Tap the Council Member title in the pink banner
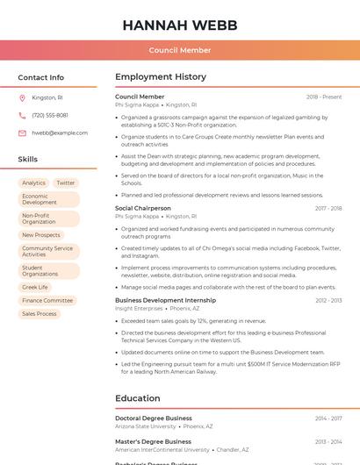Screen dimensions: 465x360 (179, 50)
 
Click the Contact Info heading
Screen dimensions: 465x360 (41, 77)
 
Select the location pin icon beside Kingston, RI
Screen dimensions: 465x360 (22, 97)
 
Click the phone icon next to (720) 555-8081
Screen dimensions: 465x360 (22, 115)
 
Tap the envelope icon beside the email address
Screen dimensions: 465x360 (22, 132)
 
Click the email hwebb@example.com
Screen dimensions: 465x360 (60, 132)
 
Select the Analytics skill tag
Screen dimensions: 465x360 (34, 183)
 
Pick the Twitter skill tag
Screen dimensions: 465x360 (66, 183)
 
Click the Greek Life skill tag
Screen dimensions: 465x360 (35, 287)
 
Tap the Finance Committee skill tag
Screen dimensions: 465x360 (47, 300)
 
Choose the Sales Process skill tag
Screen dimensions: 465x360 (40, 313)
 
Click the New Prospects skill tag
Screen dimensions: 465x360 (41, 235)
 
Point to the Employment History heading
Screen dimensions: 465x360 (161, 77)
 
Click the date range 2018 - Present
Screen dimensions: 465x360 (324, 97)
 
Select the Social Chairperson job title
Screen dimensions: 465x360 (143, 208)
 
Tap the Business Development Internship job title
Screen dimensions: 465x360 (166, 300)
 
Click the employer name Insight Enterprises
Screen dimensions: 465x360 (139, 309)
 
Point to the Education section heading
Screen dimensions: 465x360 (137, 398)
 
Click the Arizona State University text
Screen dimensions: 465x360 (146, 426)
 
